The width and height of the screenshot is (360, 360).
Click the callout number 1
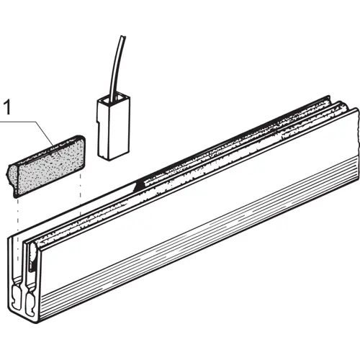point(7,108)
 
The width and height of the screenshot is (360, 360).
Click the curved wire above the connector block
point(117,66)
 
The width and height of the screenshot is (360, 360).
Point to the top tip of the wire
point(124,37)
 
